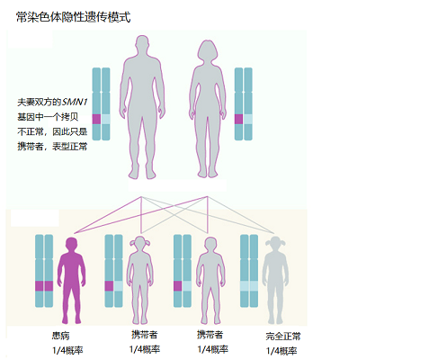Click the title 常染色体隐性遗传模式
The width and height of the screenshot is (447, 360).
coord(74,17)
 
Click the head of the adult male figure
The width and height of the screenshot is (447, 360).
coord(142,46)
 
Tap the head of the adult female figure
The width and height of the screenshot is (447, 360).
coord(207,50)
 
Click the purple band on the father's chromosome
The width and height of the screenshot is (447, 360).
coord(96,119)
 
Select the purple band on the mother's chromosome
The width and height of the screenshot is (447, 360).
coord(238,119)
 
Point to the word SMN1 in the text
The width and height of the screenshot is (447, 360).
coord(75,102)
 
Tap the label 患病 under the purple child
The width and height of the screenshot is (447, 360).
coord(61,336)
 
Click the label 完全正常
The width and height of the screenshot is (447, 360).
coord(283,336)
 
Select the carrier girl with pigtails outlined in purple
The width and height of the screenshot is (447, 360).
coord(140,280)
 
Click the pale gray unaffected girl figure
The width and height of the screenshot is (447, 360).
coord(275,280)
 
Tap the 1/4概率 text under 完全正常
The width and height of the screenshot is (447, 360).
coord(282,350)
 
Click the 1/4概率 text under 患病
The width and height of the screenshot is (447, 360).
coord(67,350)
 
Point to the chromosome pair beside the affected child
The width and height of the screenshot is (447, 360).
coord(44,271)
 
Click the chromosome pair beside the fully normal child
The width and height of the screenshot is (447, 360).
coord(249,271)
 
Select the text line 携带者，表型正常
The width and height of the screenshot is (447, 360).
coord(52,147)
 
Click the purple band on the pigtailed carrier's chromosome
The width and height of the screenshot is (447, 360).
coord(109,286)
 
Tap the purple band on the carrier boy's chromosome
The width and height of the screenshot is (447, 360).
coord(178,286)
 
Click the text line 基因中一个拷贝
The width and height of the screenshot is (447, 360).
coord(48,117)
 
